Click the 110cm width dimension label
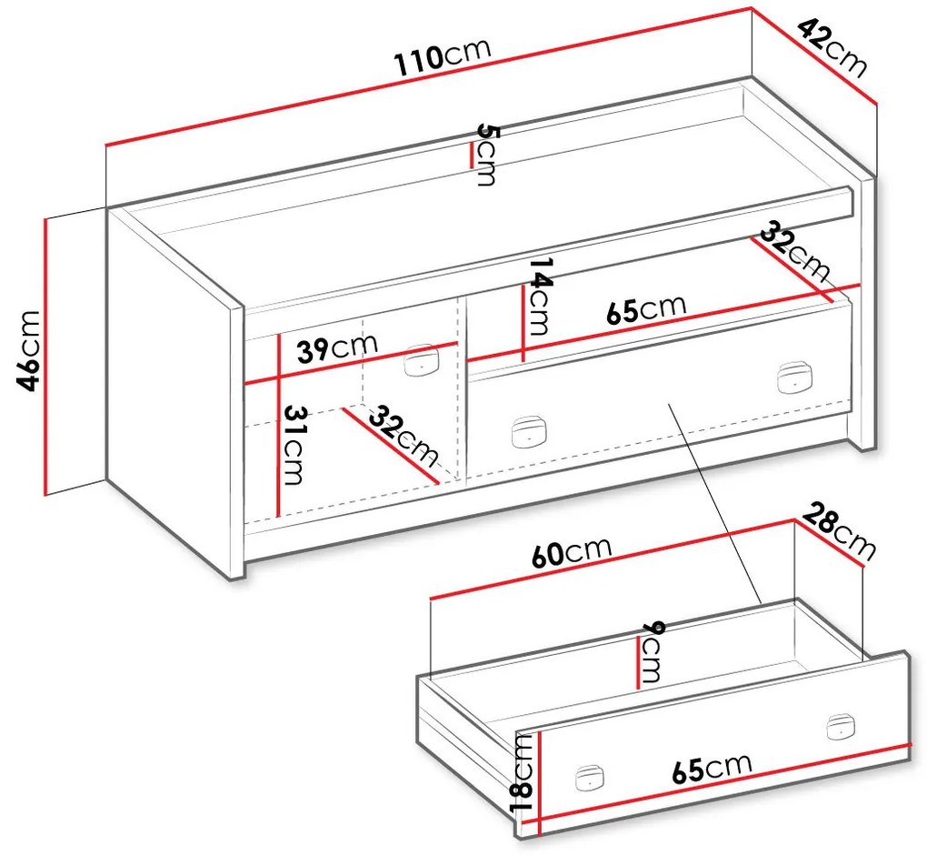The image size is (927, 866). [444, 56]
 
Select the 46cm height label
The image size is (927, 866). [28, 350]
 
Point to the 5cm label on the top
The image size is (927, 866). [487, 154]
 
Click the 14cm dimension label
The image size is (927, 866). [540, 296]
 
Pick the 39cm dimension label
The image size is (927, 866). [337, 348]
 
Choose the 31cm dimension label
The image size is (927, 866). [294, 445]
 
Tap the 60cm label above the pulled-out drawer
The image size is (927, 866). [571, 551]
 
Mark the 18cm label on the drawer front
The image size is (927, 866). [523, 772]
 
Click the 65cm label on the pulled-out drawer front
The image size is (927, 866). [712, 769]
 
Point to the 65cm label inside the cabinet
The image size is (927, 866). [647, 309]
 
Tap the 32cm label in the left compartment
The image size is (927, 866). [404, 435]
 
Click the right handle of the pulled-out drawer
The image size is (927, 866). [841, 727]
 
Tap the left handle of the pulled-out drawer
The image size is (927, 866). [590, 778]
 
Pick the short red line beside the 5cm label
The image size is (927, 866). [471, 156]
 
